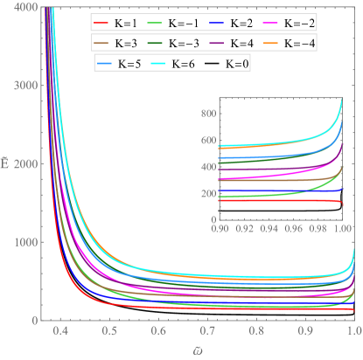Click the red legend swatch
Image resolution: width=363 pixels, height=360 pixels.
coord(101,24)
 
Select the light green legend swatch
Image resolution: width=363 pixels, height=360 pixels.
coord(155,24)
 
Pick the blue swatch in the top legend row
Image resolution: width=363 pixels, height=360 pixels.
coord(216,24)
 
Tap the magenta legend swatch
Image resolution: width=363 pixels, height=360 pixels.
coord(270,24)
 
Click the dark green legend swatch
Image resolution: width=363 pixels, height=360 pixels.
coord(155,44)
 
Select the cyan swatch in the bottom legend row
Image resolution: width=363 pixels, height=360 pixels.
coord(158,64)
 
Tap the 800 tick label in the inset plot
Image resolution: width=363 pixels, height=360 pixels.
coord(209,114)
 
